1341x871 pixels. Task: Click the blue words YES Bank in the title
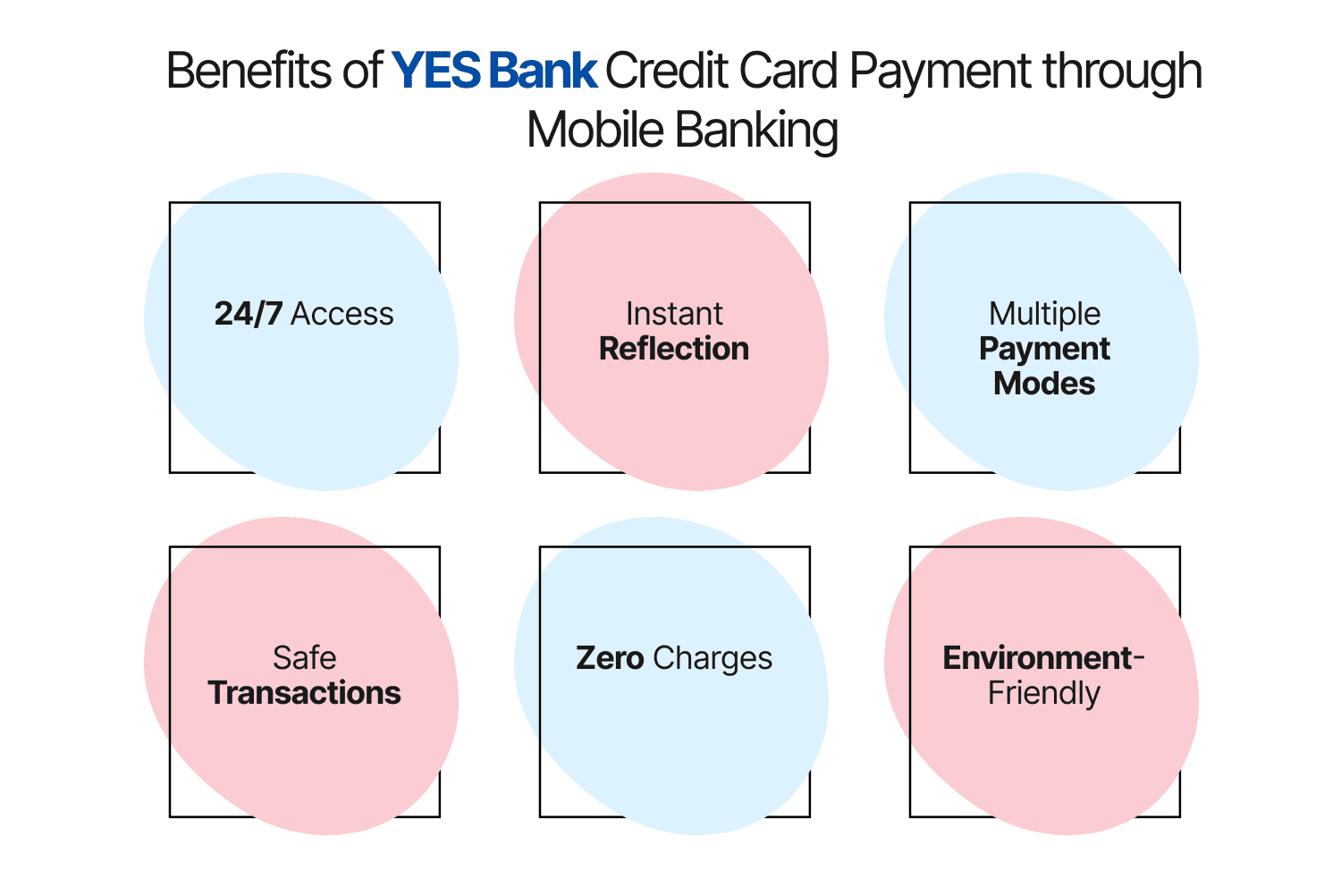(493, 71)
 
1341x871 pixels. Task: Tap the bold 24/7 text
(249, 314)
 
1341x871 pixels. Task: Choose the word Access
(342, 314)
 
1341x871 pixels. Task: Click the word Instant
(674, 314)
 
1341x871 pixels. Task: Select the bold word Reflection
(674, 349)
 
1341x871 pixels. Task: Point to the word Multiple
(1044, 314)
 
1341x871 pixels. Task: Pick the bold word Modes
(1044, 384)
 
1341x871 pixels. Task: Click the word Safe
(304, 658)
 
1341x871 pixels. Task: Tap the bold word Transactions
(304, 693)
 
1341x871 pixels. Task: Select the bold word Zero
(610, 658)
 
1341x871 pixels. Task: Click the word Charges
(713, 659)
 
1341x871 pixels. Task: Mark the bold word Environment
(1037, 658)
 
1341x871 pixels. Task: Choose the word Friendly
(1044, 694)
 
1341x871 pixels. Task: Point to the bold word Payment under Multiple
(1044, 350)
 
